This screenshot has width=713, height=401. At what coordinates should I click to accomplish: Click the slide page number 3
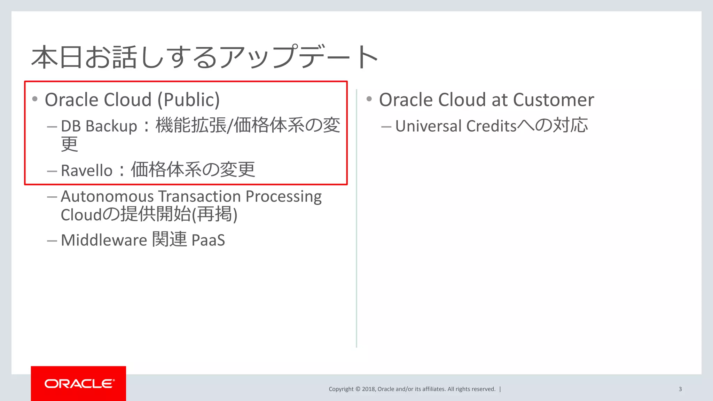(680, 389)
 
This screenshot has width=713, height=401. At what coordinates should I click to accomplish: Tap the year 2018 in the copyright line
(368, 389)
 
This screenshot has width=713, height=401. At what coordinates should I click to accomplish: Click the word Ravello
(87, 171)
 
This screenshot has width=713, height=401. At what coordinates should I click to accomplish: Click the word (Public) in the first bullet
(188, 100)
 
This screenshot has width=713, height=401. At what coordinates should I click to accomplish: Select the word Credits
(491, 126)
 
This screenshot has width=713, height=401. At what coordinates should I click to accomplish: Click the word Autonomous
(107, 196)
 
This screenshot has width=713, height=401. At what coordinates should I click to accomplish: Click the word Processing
(283, 197)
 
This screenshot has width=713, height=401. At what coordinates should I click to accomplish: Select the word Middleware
(104, 240)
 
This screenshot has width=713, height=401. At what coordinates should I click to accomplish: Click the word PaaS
(208, 240)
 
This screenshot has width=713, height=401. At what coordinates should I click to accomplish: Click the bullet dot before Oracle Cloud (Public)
(35, 99)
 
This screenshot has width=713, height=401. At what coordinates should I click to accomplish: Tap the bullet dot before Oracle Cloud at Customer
(369, 99)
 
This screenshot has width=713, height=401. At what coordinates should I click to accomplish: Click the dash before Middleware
(52, 241)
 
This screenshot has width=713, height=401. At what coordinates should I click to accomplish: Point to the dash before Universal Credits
(386, 127)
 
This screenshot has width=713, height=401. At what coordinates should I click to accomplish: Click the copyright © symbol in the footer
(358, 389)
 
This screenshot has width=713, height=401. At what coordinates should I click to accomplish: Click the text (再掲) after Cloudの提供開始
(215, 214)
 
